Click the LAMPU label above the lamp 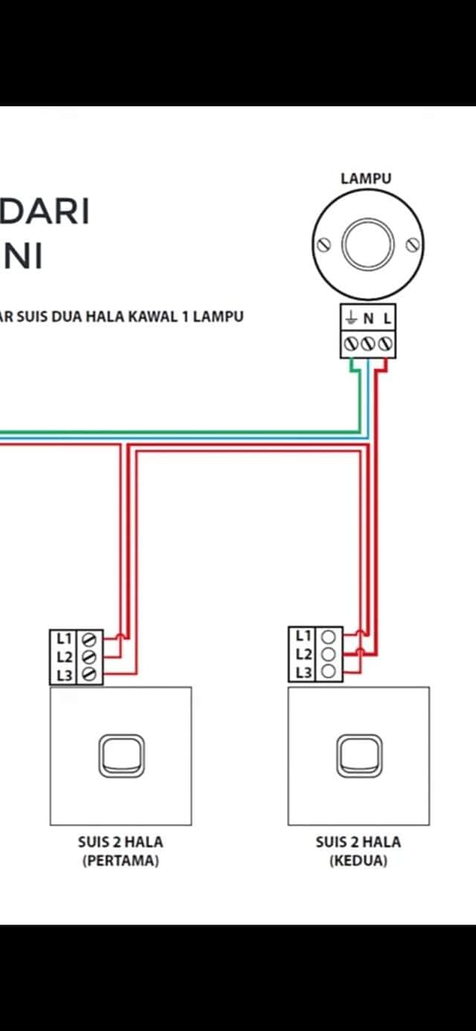point(366,179)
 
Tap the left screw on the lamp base point(324,245)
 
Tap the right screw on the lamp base point(413,245)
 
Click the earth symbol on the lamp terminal point(351,317)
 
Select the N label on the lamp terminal point(368,318)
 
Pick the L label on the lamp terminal point(387,318)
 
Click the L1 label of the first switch point(64,638)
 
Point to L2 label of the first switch point(65,657)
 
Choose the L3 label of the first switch point(65,675)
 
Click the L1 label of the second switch point(303,636)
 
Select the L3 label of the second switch point(303,672)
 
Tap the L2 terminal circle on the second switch point(328,654)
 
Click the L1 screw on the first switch point(89,639)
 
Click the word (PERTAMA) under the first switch point(120,860)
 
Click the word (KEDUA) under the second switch point(358,860)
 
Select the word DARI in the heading point(45,211)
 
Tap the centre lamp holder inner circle point(368,245)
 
